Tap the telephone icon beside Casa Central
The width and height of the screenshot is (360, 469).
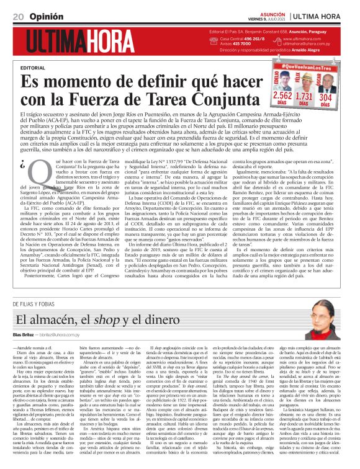pyautogui.click(x=215, y=40)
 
